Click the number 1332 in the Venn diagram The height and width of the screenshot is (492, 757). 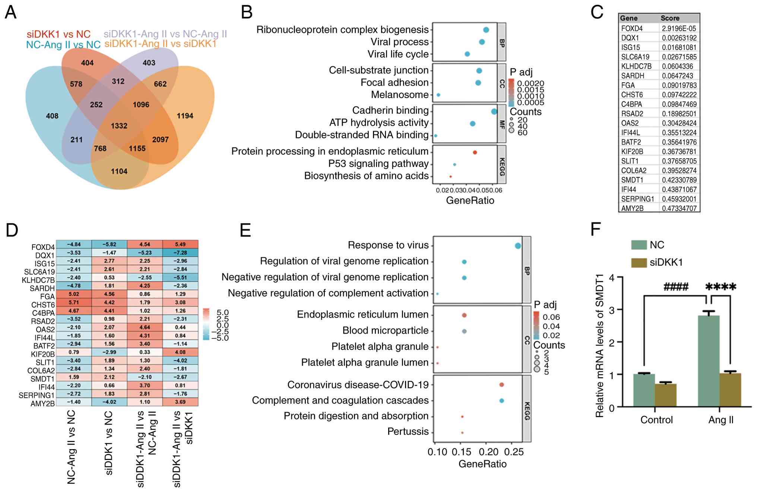[x=119, y=126]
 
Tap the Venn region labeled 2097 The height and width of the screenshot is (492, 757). [x=160, y=140]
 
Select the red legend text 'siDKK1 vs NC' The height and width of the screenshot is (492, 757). [x=58, y=34]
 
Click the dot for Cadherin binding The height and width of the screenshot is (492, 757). [x=494, y=111]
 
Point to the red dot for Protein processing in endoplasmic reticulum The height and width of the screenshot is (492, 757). [x=475, y=152]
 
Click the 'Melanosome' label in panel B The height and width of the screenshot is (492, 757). [x=399, y=95]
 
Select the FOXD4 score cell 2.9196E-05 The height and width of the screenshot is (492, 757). [x=679, y=28]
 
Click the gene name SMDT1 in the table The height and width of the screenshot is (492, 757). [x=632, y=180]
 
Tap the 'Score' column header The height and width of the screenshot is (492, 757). [x=670, y=18]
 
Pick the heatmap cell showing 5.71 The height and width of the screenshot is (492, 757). [x=74, y=302]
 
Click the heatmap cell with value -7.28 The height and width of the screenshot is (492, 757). [x=180, y=253]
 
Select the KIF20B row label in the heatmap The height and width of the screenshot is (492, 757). [x=42, y=354]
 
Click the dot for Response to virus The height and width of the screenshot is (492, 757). [x=517, y=246]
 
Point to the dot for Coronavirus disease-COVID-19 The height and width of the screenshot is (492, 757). [x=501, y=385]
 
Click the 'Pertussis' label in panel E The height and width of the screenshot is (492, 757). [x=408, y=432]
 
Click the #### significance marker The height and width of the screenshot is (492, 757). [x=676, y=287]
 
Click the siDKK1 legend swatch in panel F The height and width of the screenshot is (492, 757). [x=639, y=263]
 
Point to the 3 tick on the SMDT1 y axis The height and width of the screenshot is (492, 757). [x=611, y=310]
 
